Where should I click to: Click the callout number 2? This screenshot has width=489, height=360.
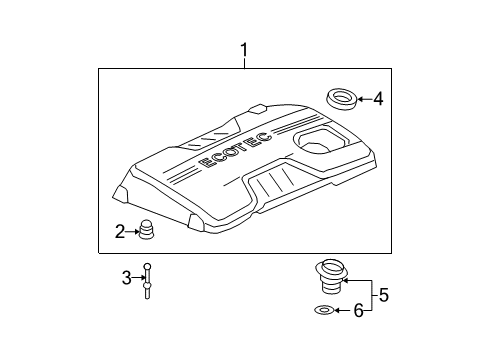tap(119, 232)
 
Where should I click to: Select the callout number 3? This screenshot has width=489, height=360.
tap(127, 278)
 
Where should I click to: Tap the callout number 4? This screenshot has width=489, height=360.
tap(377, 98)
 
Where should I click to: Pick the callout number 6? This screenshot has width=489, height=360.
tap(358, 311)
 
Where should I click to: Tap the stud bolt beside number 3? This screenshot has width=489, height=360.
tap(148, 279)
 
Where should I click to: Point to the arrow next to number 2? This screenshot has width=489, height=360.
tap(131, 232)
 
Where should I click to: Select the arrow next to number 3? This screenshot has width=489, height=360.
tap(138, 278)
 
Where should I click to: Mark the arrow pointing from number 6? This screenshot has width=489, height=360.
tap(343, 311)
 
